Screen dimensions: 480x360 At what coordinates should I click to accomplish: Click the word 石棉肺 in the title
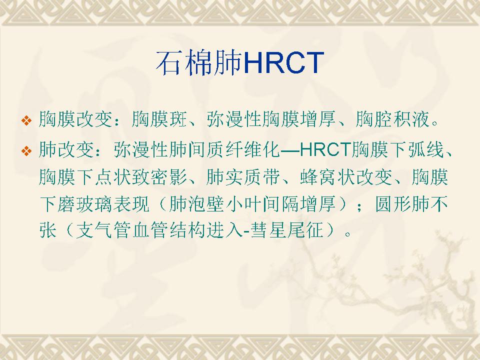(x=199, y=63)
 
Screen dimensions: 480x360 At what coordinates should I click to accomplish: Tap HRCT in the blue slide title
(x=283, y=63)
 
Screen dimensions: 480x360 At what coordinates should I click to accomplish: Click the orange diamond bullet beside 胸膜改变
(x=26, y=120)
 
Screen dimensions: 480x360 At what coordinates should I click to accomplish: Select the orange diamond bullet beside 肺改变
(x=26, y=150)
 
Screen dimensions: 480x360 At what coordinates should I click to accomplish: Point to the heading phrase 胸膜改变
(x=75, y=119)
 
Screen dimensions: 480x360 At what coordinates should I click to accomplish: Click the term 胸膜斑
(x=159, y=119)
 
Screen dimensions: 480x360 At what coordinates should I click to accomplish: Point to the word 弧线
(x=426, y=149)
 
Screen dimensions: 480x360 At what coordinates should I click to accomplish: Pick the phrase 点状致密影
(x=141, y=177)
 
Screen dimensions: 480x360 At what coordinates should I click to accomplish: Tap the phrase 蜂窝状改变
(x=345, y=177)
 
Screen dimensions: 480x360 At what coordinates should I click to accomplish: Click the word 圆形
(x=393, y=204)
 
